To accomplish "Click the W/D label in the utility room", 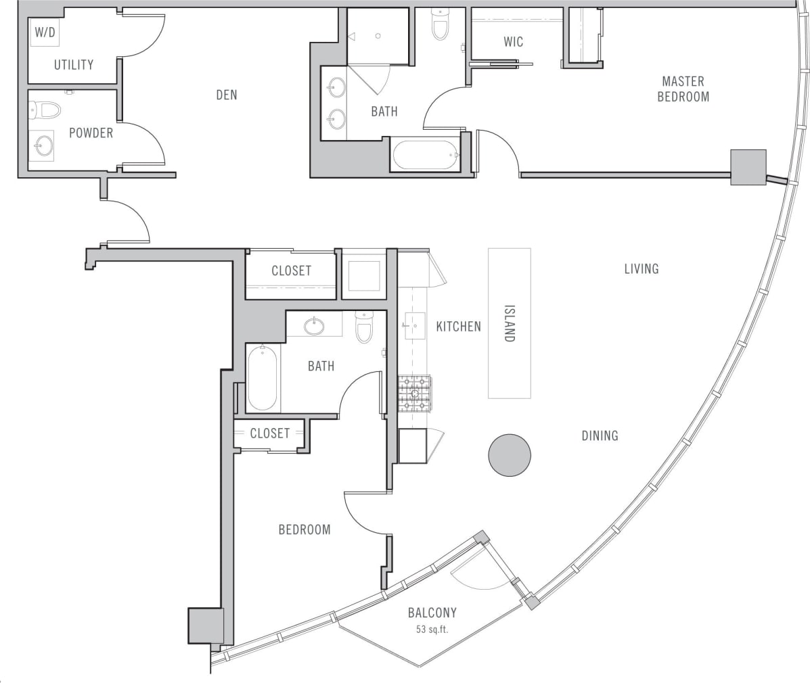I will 44,32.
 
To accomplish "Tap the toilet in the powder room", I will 45,110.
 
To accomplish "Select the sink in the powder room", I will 45,145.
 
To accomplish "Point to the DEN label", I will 227,95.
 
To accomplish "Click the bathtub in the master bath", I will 426,155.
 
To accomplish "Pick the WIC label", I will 513,42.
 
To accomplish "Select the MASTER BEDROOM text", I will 683,89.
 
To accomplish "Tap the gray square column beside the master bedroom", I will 748,167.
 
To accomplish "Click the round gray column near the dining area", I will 509,455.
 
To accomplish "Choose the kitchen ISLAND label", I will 509,323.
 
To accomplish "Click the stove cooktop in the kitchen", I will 413,394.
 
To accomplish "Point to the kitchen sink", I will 414,325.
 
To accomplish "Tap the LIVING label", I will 641,269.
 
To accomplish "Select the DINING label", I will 600,436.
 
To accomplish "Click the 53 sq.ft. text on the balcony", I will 432,630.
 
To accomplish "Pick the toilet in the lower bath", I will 364,327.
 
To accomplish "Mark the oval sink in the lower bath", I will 314,327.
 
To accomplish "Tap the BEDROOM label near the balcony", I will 305,529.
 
